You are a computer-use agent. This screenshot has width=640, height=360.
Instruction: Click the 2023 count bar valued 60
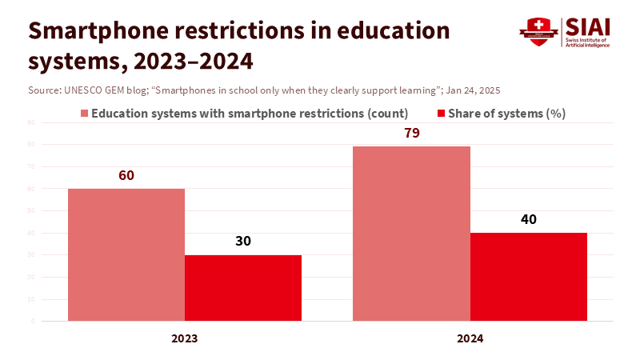[126, 254]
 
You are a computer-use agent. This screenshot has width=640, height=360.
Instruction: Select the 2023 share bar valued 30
[243, 288]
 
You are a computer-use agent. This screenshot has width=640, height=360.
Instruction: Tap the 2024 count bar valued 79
[411, 233]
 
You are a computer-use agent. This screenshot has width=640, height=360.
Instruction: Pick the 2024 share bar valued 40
[529, 277]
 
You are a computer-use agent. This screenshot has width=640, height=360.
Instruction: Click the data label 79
[412, 133]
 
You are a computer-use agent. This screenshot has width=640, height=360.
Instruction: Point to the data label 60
[126, 175]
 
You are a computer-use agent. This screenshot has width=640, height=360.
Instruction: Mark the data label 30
[243, 242]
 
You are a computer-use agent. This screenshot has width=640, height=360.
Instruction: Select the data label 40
[529, 219]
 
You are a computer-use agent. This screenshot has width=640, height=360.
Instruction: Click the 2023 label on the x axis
[185, 338]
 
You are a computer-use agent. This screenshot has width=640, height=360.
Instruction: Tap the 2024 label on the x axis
[470, 338]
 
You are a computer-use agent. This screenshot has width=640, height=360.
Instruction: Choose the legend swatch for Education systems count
[83, 114]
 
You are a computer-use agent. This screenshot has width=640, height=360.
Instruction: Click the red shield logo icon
[538, 31]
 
